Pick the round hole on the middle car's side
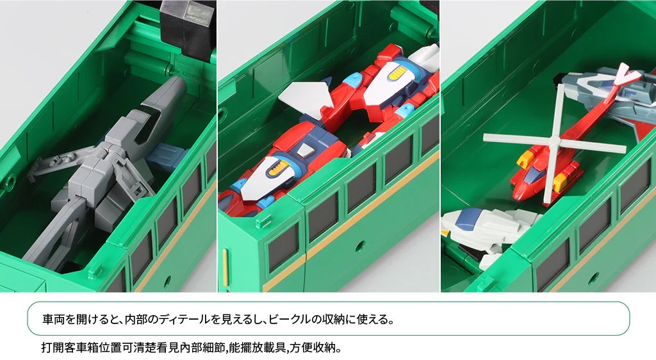[359, 246]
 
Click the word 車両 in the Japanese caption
[54, 320]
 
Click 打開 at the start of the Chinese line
[53, 347]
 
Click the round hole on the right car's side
[593, 277]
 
